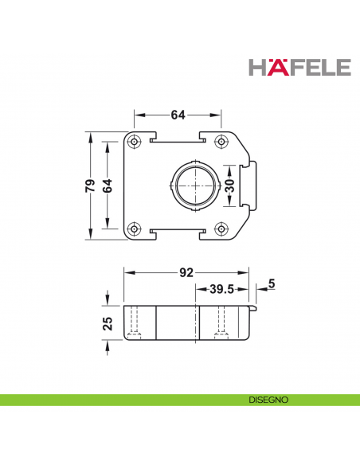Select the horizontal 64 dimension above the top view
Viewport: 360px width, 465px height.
[178, 115]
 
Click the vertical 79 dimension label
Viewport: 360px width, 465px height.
[91, 186]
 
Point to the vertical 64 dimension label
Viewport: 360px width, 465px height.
[108, 186]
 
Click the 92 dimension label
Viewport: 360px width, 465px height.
[186, 273]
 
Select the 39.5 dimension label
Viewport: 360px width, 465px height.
[221, 290]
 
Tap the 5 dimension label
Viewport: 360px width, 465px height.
[272, 283]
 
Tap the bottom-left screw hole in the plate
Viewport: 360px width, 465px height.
[135, 229]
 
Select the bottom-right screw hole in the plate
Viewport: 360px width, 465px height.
[221, 229]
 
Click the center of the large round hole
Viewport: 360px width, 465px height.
[193, 186]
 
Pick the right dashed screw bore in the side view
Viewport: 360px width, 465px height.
[222, 322]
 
